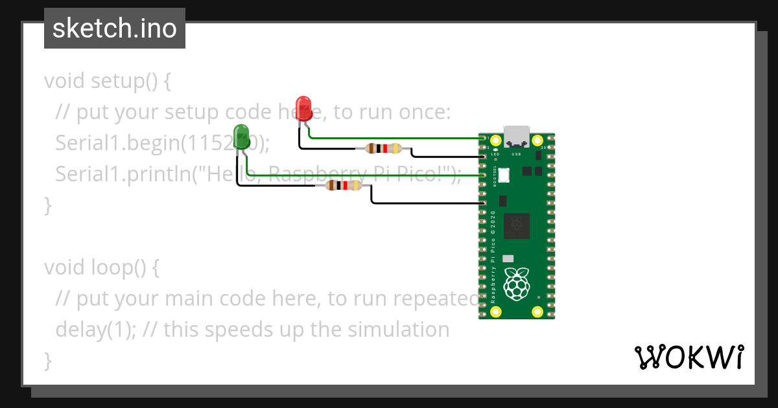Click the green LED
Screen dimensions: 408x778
point(241,136)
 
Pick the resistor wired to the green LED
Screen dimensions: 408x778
point(343,186)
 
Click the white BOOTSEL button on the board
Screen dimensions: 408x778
point(505,175)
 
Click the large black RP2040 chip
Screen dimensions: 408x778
point(517,226)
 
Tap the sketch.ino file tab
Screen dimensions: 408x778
point(114,28)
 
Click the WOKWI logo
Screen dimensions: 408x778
point(689,357)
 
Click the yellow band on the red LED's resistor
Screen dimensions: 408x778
point(395,148)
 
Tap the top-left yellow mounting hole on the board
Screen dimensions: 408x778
point(496,141)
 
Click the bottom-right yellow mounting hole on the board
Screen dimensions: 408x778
point(537,312)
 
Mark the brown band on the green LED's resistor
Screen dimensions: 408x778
point(332,186)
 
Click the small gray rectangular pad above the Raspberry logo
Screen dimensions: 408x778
point(508,258)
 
